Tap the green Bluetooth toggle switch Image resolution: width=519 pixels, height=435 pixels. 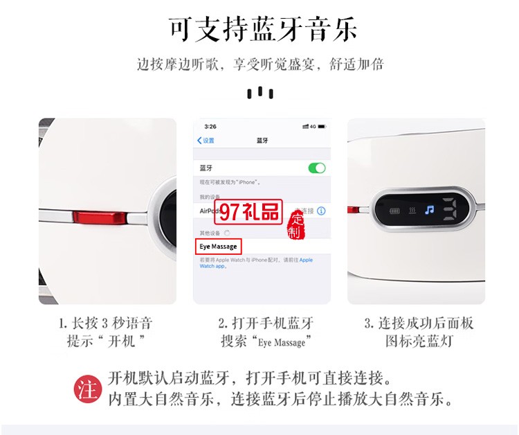click(316, 168)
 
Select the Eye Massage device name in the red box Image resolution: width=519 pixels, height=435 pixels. click(218, 246)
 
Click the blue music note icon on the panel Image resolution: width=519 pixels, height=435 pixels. click(429, 208)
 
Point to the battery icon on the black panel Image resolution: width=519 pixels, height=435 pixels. click(397, 208)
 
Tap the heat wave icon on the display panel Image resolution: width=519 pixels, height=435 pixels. click(412, 208)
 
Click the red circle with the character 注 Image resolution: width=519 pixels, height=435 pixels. click(87, 389)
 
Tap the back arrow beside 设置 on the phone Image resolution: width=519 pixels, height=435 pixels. click(199, 141)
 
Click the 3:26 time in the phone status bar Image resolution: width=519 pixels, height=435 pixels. click(210, 127)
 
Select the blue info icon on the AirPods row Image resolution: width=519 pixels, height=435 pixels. click(321, 211)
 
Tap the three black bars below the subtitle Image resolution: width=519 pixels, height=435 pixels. click(259, 92)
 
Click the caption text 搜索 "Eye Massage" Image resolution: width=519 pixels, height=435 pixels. click(262, 341)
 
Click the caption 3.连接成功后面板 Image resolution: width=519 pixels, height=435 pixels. click(419, 323)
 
